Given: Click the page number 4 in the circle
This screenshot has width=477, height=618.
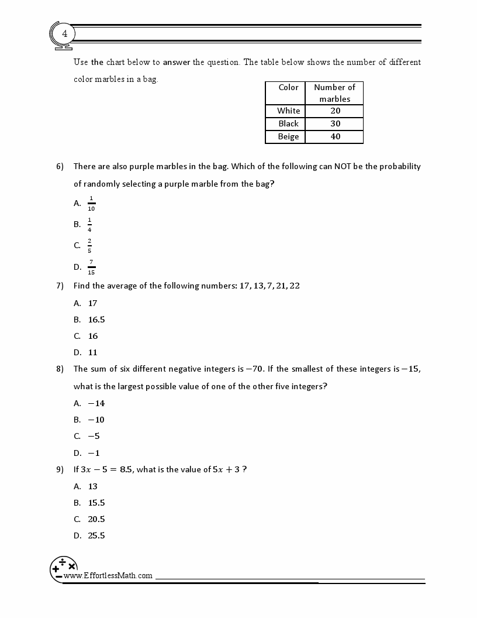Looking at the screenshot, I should (x=64, y=34).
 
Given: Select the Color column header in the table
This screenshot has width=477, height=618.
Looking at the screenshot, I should (x=288, y=87).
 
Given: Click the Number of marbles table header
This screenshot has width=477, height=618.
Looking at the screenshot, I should (x=334, y=93).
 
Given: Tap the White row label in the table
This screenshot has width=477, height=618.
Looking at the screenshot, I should (x=288, y=111).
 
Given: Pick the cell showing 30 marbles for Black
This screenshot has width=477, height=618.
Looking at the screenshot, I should (x=334, y=123).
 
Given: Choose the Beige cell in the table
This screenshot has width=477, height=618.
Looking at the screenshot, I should (x=288, y=136).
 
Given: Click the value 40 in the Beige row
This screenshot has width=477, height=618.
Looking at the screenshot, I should (x=334, y=136).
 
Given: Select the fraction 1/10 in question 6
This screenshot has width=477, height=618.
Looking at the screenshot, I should (x=91, y=203).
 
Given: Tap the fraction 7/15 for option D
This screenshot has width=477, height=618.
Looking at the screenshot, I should (x=91, y=267).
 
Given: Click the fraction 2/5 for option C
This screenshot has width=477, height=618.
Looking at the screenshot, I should (x=89, y=246).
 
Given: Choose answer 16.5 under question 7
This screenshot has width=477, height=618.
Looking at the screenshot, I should (x=96, y=320).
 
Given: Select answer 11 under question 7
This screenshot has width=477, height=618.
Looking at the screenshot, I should (x=92, y=352).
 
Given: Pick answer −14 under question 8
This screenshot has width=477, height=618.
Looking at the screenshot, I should (x=96, y=403).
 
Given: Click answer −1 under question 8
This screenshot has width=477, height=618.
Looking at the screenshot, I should (x=94, y=452).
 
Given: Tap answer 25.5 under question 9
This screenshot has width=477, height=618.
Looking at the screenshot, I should (x=96, y=535).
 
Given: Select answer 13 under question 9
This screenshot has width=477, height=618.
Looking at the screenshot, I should (x=92, y=486).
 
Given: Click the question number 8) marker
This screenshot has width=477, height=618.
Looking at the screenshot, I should (x=60, y=369).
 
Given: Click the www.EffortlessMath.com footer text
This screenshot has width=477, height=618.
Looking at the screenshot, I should (x=108, y=575).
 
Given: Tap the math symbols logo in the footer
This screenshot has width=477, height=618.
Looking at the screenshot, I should (x=64, y=567).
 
